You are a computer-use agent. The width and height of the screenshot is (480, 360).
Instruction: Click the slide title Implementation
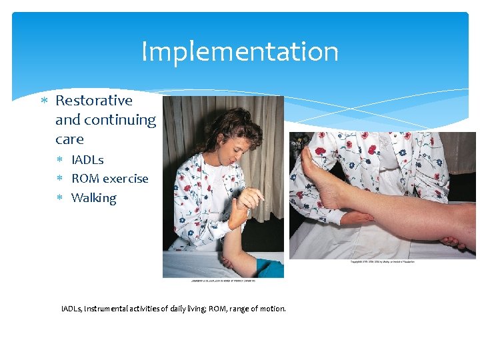[x=240, y=52]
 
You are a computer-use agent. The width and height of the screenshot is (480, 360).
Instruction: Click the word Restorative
[x=93, y=101]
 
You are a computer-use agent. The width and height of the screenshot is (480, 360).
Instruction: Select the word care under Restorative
[x=69, y=139]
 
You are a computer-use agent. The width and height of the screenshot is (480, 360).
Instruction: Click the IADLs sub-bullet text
[x=87, y=160]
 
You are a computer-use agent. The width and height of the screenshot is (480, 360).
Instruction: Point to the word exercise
[x=125, y=179]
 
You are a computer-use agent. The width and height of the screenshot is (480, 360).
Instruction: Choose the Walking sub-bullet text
[x=93, y=198]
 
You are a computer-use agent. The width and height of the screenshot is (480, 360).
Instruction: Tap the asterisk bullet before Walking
[x=59, y=198]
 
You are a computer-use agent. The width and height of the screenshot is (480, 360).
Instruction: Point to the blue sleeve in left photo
[x=270, y=267]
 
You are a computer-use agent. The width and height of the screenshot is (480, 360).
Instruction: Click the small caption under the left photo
[x=223, y=281]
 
